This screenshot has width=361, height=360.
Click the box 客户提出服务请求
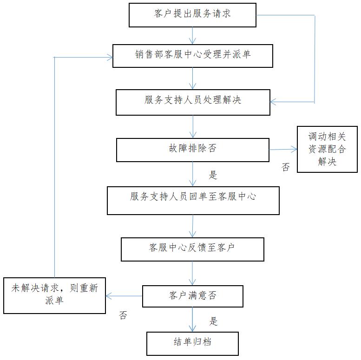coord(192,14)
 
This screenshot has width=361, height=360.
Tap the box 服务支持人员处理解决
coord(193,101)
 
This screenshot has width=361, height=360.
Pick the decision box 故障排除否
coord(192,150)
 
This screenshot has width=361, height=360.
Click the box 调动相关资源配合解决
coord(327,149)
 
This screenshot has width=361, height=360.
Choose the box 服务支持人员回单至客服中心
coord(193,200)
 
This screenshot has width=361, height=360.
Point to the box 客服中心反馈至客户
coord(192,249)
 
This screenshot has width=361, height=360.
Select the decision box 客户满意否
coord(192,296)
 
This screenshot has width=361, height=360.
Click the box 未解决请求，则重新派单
coord(54,295)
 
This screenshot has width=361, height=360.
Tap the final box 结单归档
coord(192,343)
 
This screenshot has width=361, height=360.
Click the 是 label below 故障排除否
coord(213,175)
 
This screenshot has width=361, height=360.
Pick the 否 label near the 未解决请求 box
coord(123,316)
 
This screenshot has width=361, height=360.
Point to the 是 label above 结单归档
coord(213,321)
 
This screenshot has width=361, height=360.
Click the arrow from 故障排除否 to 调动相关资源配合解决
coord(283,149)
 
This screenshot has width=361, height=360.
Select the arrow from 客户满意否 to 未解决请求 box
coord(124,295)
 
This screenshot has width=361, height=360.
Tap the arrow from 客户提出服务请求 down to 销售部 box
coord(192,35)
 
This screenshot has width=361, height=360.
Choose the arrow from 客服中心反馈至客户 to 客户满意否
coord(192,273)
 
